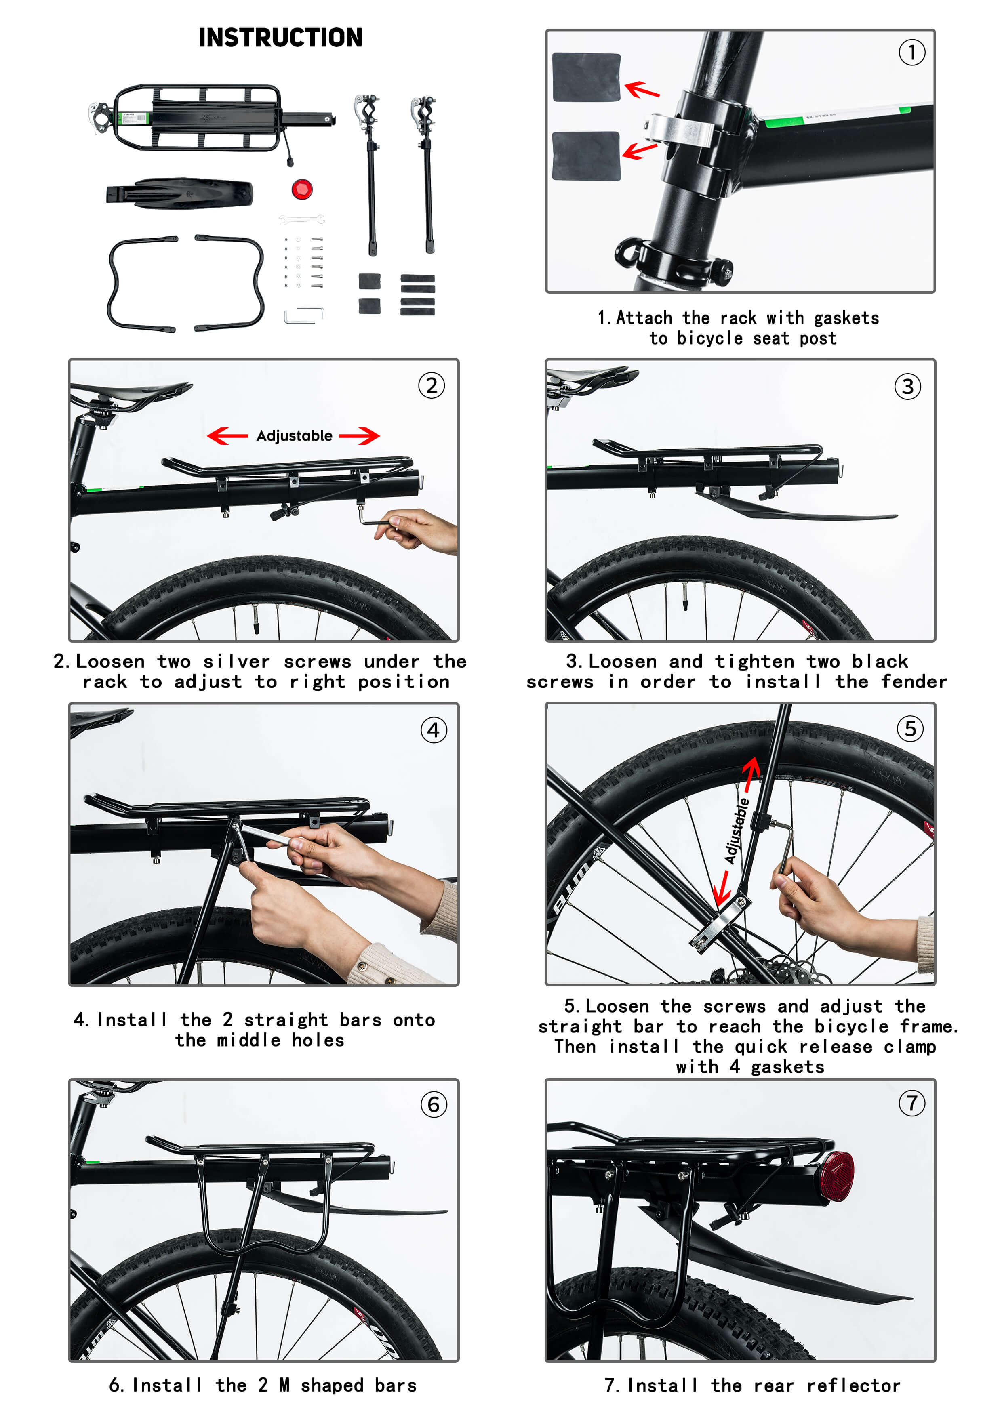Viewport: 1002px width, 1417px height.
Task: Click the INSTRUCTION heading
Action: point(280,38)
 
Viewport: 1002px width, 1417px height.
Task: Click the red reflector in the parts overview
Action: point(302,189)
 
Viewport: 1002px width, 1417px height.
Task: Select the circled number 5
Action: point(910,729)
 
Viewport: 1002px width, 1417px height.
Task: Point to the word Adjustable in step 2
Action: point(295,436)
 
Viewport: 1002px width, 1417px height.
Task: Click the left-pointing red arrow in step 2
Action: point(227,436)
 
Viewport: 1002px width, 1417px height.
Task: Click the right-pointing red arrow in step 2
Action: point(359,436)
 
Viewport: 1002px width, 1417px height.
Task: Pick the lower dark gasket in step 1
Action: point(586,156)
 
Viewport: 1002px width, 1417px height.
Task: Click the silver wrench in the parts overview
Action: point(301,219)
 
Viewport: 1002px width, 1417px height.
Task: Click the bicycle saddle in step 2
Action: point(133,392)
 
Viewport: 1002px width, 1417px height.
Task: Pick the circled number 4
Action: point(434,730)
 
